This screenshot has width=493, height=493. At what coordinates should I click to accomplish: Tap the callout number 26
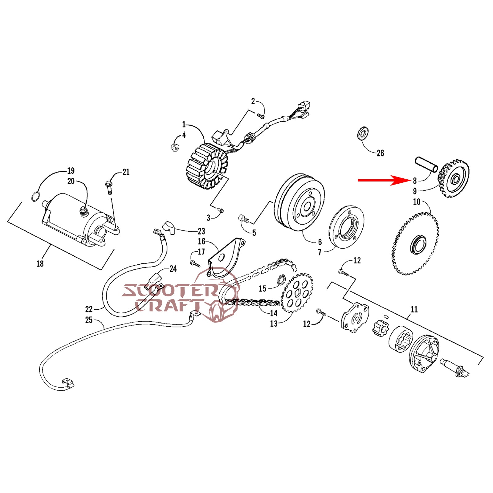380,153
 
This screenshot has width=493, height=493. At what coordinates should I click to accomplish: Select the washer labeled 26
363,133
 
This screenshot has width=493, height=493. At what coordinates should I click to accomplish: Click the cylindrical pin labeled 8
426,165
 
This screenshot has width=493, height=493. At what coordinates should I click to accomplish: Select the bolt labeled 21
108,187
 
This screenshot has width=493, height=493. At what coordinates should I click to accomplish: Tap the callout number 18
40,264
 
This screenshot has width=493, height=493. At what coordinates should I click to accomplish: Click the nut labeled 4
175,147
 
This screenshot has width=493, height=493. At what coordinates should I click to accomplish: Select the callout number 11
414,309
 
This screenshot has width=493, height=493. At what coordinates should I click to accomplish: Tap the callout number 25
89,320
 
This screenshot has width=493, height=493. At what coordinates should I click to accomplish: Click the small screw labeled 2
261,116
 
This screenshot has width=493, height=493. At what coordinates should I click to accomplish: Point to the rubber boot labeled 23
169,228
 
